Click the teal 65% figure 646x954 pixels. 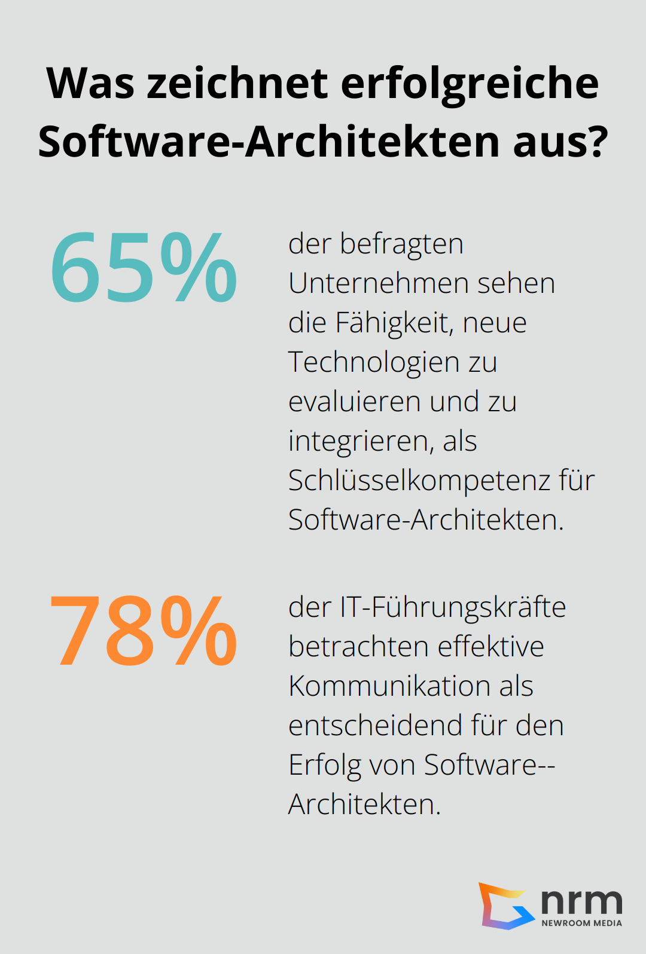point(144,267)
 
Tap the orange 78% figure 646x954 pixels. point(144,631)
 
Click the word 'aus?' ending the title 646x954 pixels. point(560,142)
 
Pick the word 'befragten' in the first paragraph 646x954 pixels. point(402,244)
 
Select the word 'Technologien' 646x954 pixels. point(374,362)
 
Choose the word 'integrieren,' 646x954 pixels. point(361,441)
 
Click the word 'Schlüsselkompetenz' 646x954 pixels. point(419,481)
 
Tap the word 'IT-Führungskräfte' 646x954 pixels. point(453,607)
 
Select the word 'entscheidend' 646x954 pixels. point(375,726)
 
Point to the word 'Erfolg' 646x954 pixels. point(324,765)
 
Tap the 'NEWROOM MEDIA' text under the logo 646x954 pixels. point(581,923)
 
